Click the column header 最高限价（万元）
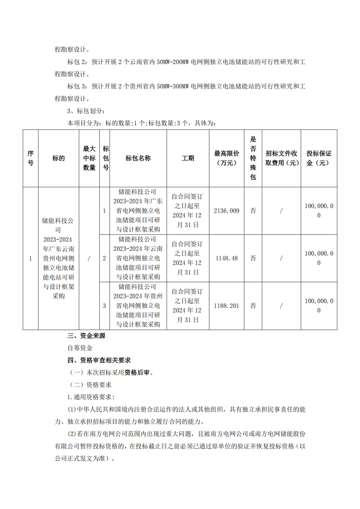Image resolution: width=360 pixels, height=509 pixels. pyautogui.click(x=226, y=158)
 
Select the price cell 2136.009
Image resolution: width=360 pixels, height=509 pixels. pyautogui.click(x=226, y=210)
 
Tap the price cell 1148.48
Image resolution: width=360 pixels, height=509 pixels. pyautogui.click(x=226, y=258)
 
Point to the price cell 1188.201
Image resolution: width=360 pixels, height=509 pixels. pyautogui.click(x=226, y=305)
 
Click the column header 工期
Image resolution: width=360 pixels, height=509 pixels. pyautogui.click(x=188, y=158)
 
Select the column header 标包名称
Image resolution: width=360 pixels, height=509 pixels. pyautogui.click(x=138, y=158)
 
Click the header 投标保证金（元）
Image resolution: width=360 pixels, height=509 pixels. pyautogui.click(x=319, y=158)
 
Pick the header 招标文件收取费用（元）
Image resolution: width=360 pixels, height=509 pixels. pyautogui.click(x=281, y=158)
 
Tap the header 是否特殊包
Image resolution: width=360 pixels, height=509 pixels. pyautogui.click(x=253, y=158)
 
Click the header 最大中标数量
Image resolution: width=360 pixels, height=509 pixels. pyautogui.click(x=89, y=158)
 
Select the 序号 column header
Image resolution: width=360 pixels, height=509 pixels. pyautogui.click(x=30, y=158)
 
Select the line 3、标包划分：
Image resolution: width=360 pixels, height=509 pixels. pyautogui.click(x=86, y=111)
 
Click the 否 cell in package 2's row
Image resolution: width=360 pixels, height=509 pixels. pyautogui.click(x=253, y=258)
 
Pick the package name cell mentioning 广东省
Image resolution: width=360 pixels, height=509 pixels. pyautogui.click(x=138, y=210)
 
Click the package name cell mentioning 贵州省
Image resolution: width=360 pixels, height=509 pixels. pyautogui.click(x=138, y=305)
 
